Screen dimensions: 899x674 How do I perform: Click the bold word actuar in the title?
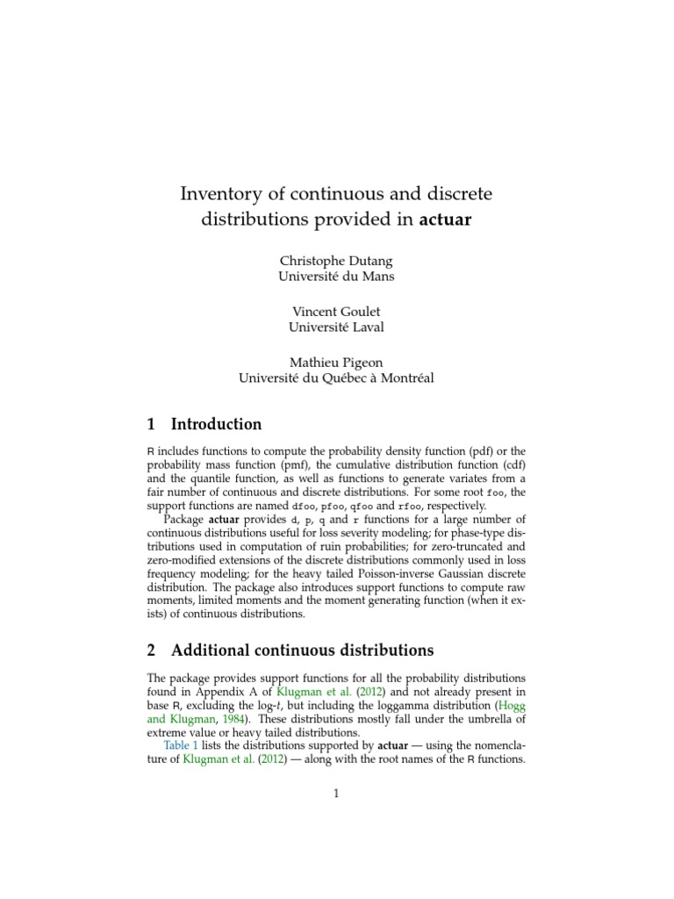click(445, 220)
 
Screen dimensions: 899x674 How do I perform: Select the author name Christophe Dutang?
click(336, 262)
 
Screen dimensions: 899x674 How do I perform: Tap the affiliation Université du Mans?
click(336, 277)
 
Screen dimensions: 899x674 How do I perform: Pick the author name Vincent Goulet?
click(336, 312)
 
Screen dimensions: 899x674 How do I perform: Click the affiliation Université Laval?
click(336, 327)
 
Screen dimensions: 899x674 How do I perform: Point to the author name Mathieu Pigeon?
click(336, 363)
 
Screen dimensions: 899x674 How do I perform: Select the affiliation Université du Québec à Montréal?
click(336, 378)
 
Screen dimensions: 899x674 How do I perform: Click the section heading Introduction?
click(216, 424)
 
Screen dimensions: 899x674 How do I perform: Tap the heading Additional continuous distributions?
click(302, 651)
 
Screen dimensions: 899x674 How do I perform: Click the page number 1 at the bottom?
click(336, 795)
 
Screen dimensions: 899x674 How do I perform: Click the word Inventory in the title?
click(217, 192)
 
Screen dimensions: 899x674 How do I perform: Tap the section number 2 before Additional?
click(151, 651)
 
